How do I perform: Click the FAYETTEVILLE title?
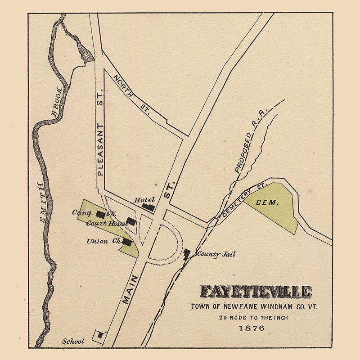[x=256, y=292]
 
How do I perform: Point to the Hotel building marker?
[x=148, y=207]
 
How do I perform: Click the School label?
[x=73, y=341]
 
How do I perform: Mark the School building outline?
[x=98, y=335]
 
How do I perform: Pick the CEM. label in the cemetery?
[x=268, y=203]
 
